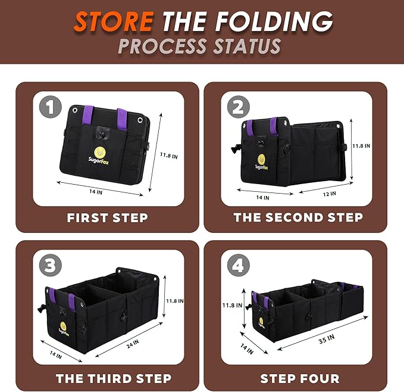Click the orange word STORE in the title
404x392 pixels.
114,21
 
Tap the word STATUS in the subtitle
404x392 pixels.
248,46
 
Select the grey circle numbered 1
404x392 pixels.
51,107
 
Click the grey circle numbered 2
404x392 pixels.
239,107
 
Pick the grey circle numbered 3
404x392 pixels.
51,265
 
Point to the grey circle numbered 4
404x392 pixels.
239,265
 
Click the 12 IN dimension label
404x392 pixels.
330,194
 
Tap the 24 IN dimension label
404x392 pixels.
133,344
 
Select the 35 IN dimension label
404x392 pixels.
327,339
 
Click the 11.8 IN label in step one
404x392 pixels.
169,155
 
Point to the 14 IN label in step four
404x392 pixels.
247,349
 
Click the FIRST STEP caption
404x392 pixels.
108,218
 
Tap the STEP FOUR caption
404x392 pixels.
300,378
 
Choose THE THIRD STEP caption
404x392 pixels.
114,378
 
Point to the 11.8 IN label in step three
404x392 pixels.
175,301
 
